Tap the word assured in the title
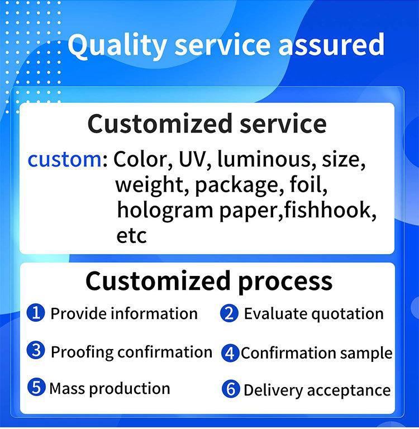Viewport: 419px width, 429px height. [x=331, y=44]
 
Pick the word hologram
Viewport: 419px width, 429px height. [x=165, y=211]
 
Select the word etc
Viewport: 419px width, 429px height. [x=132, y=236]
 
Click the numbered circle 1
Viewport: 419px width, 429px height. [x=36, y=312]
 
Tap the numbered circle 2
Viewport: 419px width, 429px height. [x=230, y=313]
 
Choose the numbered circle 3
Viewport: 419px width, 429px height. [x=36, y=350]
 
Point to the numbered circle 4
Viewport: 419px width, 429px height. [x=230, y=353]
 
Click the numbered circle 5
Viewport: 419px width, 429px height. [x=36, y=387]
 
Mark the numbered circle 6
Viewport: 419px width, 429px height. [x=231, y=389]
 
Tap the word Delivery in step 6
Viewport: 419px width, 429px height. [x=273, y=390]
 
